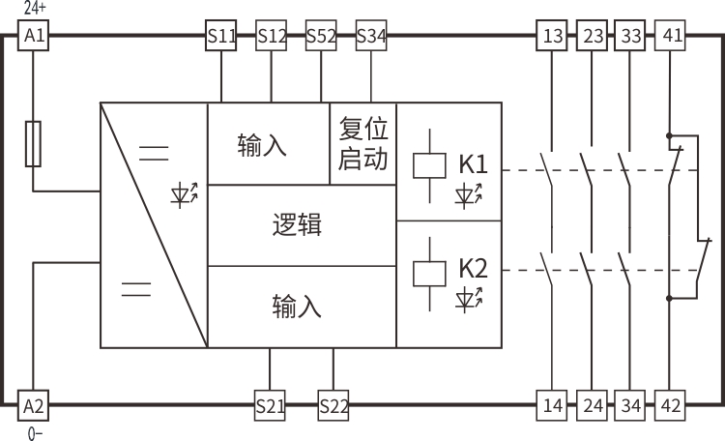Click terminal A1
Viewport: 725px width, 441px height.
point(33,37)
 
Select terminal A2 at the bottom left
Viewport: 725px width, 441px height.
point(33,404)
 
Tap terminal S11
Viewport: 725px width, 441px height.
point(221,37)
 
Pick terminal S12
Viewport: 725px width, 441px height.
point(272,37)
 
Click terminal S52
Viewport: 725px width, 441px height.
point(321,37)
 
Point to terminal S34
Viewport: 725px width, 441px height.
point(371,37)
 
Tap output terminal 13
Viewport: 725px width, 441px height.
point(552,37)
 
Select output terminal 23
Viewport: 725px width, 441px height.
point(592,37)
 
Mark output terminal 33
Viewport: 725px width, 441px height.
point(630,37)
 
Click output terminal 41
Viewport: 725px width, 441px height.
point(669,37)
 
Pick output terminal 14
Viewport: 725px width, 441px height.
point(552,405)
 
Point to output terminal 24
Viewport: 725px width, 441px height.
point(592,405)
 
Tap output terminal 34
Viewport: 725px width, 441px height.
point(630,405)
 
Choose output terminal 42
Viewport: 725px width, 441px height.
point(669,405)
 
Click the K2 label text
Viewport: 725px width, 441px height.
point(473,268)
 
